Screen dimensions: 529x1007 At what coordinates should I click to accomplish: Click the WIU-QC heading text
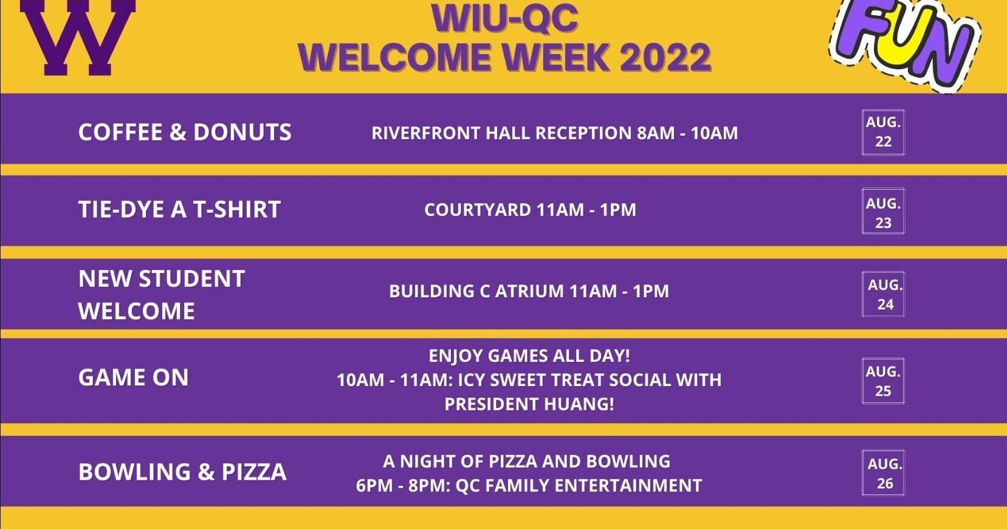tap(504, 18)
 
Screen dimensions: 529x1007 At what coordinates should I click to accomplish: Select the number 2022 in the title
tap(665, 58)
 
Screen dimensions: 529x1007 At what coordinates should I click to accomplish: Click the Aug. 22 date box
tap(883, 132)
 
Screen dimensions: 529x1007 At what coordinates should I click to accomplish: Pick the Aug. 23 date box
tap(883, 212)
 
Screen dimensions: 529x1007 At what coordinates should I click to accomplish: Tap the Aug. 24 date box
tap(884, 294)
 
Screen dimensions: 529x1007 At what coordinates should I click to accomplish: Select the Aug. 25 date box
tap(883, 381)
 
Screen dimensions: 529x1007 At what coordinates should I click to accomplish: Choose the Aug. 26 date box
tap(884, 473)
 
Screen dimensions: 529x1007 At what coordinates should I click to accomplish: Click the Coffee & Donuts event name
tap(185, 133)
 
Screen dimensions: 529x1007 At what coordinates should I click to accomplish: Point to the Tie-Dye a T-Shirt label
tap(179, 210)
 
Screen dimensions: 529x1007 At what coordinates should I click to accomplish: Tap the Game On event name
tap(133, 378)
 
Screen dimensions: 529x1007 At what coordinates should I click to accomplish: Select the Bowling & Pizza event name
tap(182, 472)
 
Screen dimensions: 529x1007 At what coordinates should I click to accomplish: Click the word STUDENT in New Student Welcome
tap(192, 279)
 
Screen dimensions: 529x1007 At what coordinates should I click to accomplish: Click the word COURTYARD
tap(477, 210)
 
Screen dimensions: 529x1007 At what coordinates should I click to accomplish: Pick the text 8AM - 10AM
tap(687, 133)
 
